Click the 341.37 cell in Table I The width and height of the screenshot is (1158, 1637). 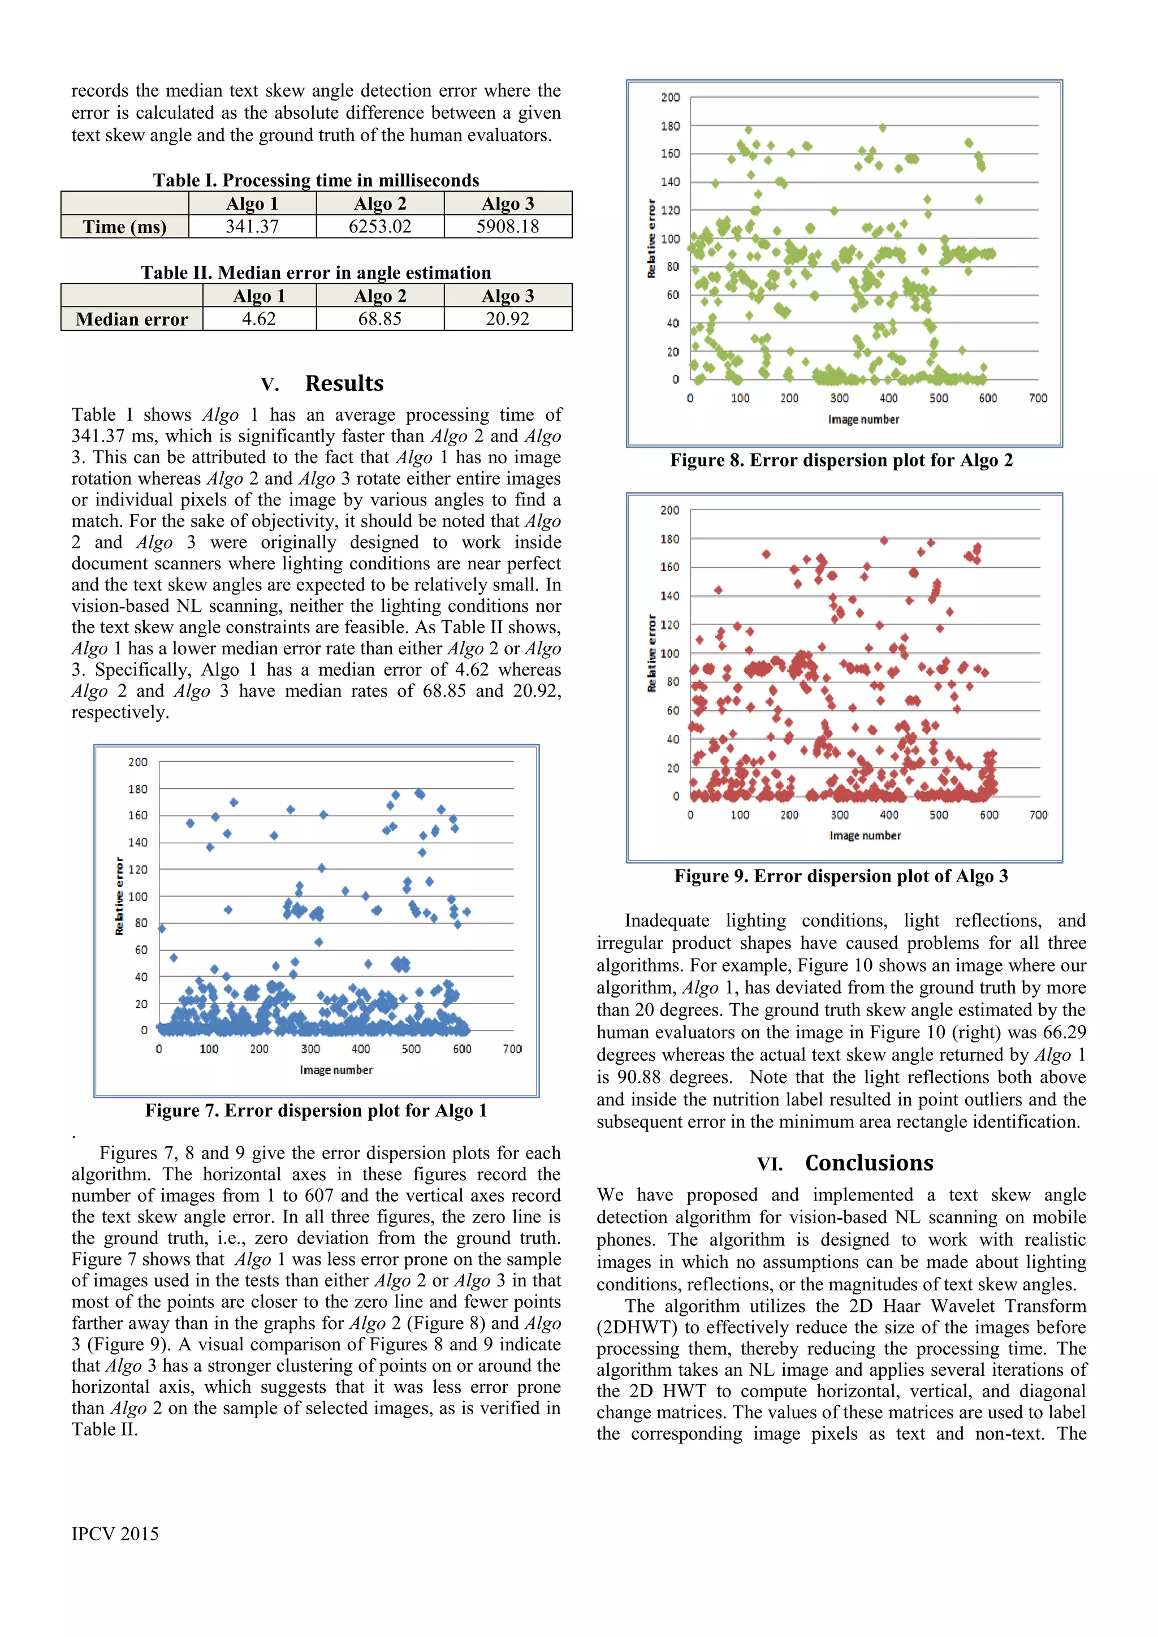[x=252, y=227]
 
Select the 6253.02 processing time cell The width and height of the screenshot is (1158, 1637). [x=380, y=227]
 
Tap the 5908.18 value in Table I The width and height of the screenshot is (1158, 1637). [x=508, y=227]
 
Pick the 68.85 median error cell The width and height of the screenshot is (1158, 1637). [x=380, y=319]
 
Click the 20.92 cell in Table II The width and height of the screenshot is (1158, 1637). [x=508, y=319]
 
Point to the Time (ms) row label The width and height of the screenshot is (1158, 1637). [x=125, y=227]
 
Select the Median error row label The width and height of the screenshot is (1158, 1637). [x=132, y=319]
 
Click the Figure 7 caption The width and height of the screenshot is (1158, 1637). [x=316, y=1110]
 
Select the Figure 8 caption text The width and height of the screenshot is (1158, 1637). [x=841, y=461]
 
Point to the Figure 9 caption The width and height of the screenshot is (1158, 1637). [x=841, y=876]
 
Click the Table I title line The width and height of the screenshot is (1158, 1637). [x=316, y=180]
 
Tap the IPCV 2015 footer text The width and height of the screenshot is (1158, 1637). [x=115, y=1534]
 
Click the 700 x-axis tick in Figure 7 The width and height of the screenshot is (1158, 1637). [x=512, y=1049]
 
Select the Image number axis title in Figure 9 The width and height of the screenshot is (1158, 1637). [x=865, y=835]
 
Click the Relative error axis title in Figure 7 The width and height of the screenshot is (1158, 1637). [x=119, y=896]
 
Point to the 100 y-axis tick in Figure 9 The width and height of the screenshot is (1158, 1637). [x=669, y=653]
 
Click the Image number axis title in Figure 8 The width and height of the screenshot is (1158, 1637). [x=863, y=419]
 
